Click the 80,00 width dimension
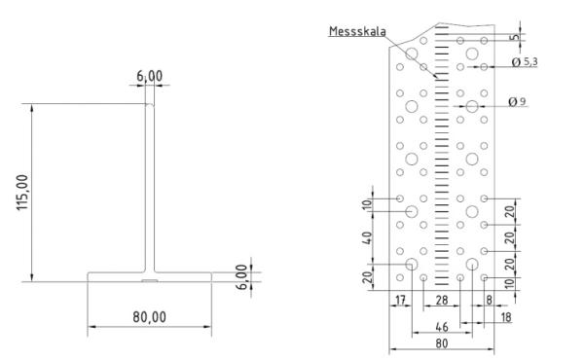point(149,317)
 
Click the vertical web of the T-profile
point(149,185)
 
